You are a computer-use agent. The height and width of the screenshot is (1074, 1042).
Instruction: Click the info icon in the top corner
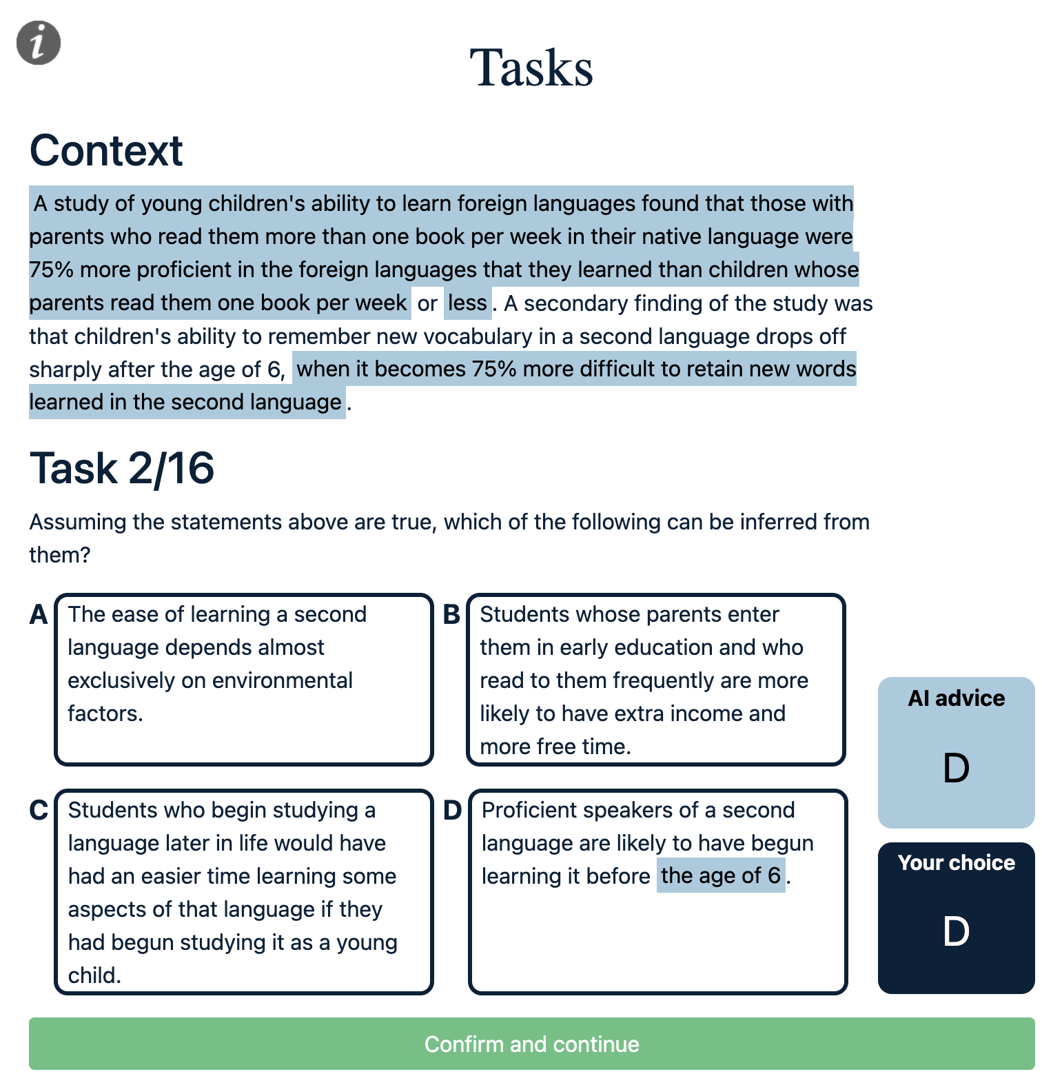point(39,43)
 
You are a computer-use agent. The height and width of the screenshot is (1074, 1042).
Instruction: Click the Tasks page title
point(531,68)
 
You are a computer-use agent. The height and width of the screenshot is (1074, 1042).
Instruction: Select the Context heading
point(106,150)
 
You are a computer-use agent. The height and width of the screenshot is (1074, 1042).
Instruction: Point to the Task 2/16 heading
point(122,468)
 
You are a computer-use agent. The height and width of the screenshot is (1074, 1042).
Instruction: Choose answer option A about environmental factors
point(243,679)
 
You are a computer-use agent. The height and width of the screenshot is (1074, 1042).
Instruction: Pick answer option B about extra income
point(655,679)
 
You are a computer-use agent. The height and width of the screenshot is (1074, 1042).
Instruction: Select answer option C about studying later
point(243,891)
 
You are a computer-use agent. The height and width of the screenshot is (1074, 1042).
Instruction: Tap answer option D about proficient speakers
point(657,891)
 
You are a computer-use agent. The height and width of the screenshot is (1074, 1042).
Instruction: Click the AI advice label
point(956,698)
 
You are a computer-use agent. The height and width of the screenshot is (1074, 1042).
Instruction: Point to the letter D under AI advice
point(956,768)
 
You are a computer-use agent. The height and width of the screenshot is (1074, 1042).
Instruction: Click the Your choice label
point(956,862)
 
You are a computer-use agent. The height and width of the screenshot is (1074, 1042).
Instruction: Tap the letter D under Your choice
point(956,931)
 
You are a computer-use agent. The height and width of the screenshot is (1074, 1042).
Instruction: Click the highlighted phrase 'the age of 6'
point(720,875)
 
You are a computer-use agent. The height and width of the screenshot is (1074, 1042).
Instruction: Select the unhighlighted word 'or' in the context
point(427,303)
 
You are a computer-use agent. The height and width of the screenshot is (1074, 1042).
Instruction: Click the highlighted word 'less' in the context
point(467,303)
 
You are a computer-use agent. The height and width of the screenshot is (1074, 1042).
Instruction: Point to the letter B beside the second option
point(451,614)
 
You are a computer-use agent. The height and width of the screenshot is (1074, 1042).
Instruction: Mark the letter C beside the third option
point(39,810)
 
